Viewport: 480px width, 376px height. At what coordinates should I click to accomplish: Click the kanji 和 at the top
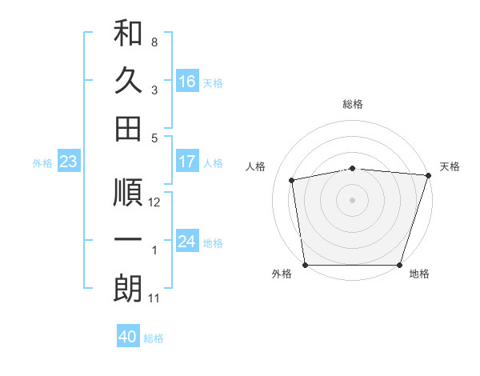point(128,33)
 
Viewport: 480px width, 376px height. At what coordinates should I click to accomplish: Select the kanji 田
point(128,128)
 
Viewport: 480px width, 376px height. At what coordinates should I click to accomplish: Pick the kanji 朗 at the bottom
point(128,289)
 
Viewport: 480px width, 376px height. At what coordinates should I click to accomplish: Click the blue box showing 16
point(187,82)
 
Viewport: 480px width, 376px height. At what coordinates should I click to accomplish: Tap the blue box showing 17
point(187,162)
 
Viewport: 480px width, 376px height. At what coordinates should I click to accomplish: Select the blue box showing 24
point(187,242)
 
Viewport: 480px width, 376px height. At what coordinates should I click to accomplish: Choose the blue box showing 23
point(68,162)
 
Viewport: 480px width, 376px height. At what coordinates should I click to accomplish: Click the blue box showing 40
point(128,337)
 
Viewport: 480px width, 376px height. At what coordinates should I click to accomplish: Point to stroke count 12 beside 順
point(154,203)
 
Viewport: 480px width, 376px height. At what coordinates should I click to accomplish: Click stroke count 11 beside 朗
point(154,298)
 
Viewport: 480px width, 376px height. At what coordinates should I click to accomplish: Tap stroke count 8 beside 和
point(154,42)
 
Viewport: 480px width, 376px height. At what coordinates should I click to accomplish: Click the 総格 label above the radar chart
point(353,104)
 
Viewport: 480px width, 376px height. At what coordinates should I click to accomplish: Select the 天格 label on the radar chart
point(450,166)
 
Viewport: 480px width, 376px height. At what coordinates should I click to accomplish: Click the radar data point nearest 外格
point(305,265)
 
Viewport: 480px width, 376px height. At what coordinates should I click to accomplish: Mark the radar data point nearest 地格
point(400,265)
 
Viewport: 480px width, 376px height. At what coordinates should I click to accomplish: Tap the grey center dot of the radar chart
point(353,199)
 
